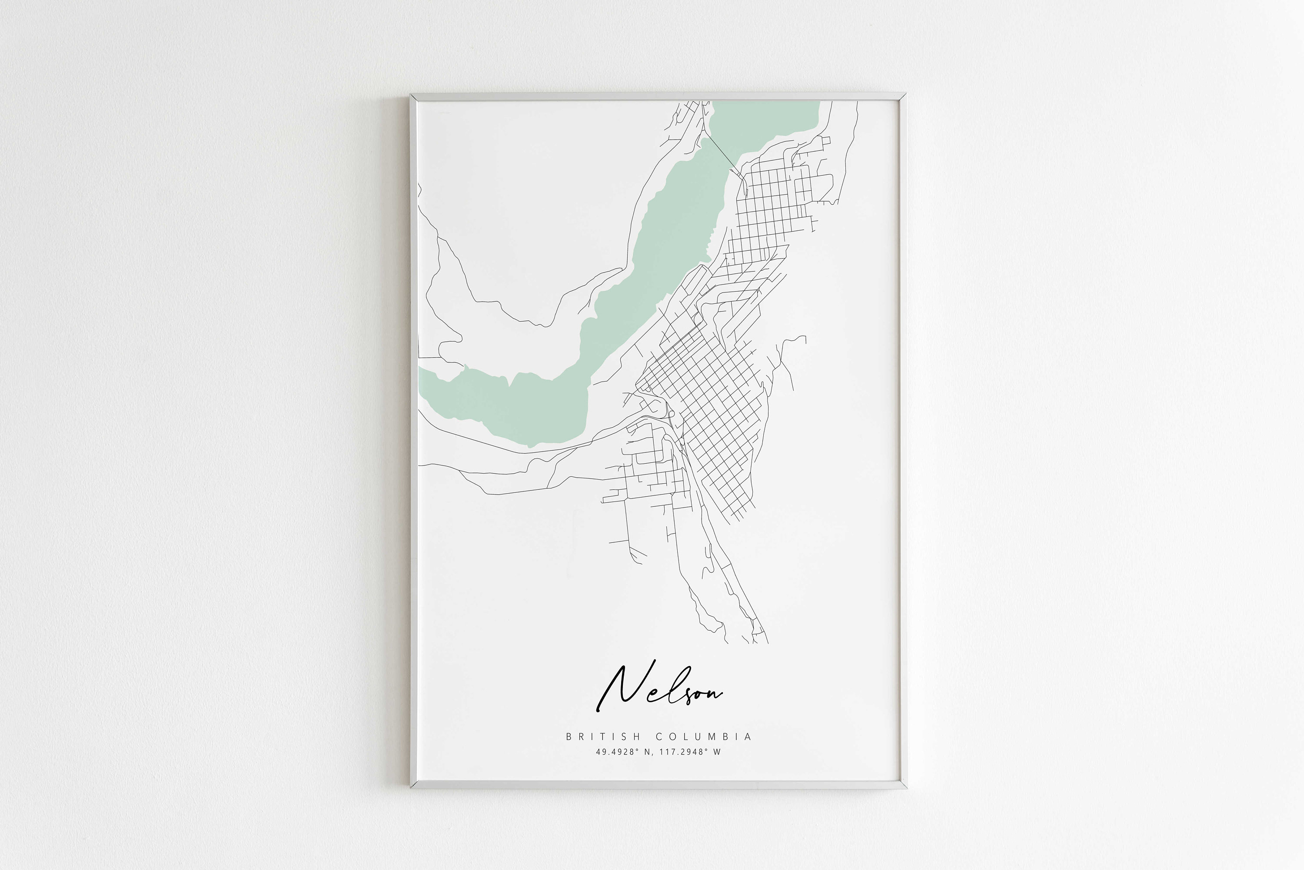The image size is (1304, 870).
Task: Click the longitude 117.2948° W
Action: (689, 752)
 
